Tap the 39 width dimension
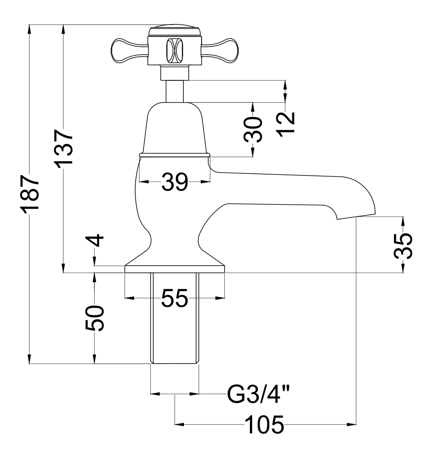point(174,182)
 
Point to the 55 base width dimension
point(174,298)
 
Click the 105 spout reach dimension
point(265,424)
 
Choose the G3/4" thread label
point(258,394)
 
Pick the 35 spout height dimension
point(403,246)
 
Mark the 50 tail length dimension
point(95,318)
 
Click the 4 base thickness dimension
point(95,240)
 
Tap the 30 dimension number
point(253,129)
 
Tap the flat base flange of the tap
point(174,269)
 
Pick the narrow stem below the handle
point(174,92)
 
